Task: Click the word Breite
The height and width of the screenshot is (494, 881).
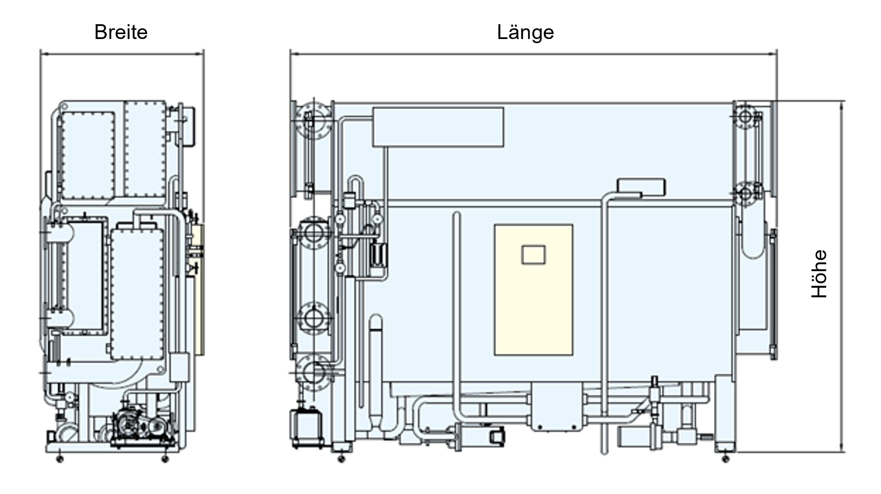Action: [x=121, y=32]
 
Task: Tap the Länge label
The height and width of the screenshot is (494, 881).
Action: [x=525, y=32]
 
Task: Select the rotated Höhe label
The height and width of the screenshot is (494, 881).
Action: [x=819, y=273]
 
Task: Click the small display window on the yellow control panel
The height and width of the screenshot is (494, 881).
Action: [x=533, y=255]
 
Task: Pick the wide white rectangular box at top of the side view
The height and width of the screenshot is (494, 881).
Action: [x=438, y=127]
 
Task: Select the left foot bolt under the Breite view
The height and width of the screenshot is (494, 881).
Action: [x=60, y=459]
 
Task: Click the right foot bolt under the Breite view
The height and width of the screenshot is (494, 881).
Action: [x=165, y=459]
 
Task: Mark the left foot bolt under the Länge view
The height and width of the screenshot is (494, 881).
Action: [x=341, y=459]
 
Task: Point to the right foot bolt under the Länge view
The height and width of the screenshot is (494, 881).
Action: [x=725, y=459]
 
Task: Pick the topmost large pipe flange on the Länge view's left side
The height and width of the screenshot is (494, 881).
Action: [x=314, y=121]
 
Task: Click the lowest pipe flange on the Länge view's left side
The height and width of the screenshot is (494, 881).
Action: [x=314, y=373]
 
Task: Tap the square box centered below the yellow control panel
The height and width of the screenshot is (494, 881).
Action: [x=556, y=407]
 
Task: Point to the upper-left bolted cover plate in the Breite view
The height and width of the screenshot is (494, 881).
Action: [x=87, y=155]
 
